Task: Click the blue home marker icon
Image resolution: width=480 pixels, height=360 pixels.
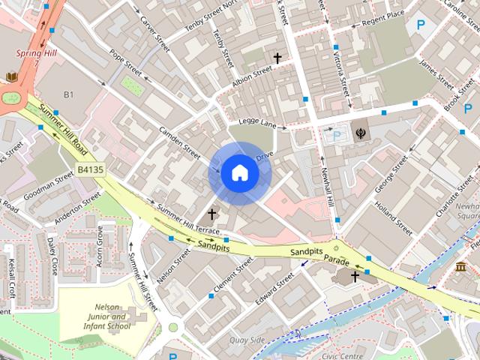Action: [x=239, y=173]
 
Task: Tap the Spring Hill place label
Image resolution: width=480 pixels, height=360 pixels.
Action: [x=36, y=53]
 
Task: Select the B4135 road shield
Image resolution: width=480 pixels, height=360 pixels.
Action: [x=91, y=171]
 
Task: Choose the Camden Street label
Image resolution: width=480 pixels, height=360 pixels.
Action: [x=179, y=142]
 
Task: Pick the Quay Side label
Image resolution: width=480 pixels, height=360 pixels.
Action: [x=248, y=340]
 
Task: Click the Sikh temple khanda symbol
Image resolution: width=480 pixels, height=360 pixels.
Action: [x=361, y=131]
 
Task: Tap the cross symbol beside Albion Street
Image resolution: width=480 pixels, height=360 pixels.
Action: [x=277, y=58]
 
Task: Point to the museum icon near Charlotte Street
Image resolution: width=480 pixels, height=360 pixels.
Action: [x=460, y=268]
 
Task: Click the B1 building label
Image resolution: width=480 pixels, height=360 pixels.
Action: [x=69, y=94]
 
